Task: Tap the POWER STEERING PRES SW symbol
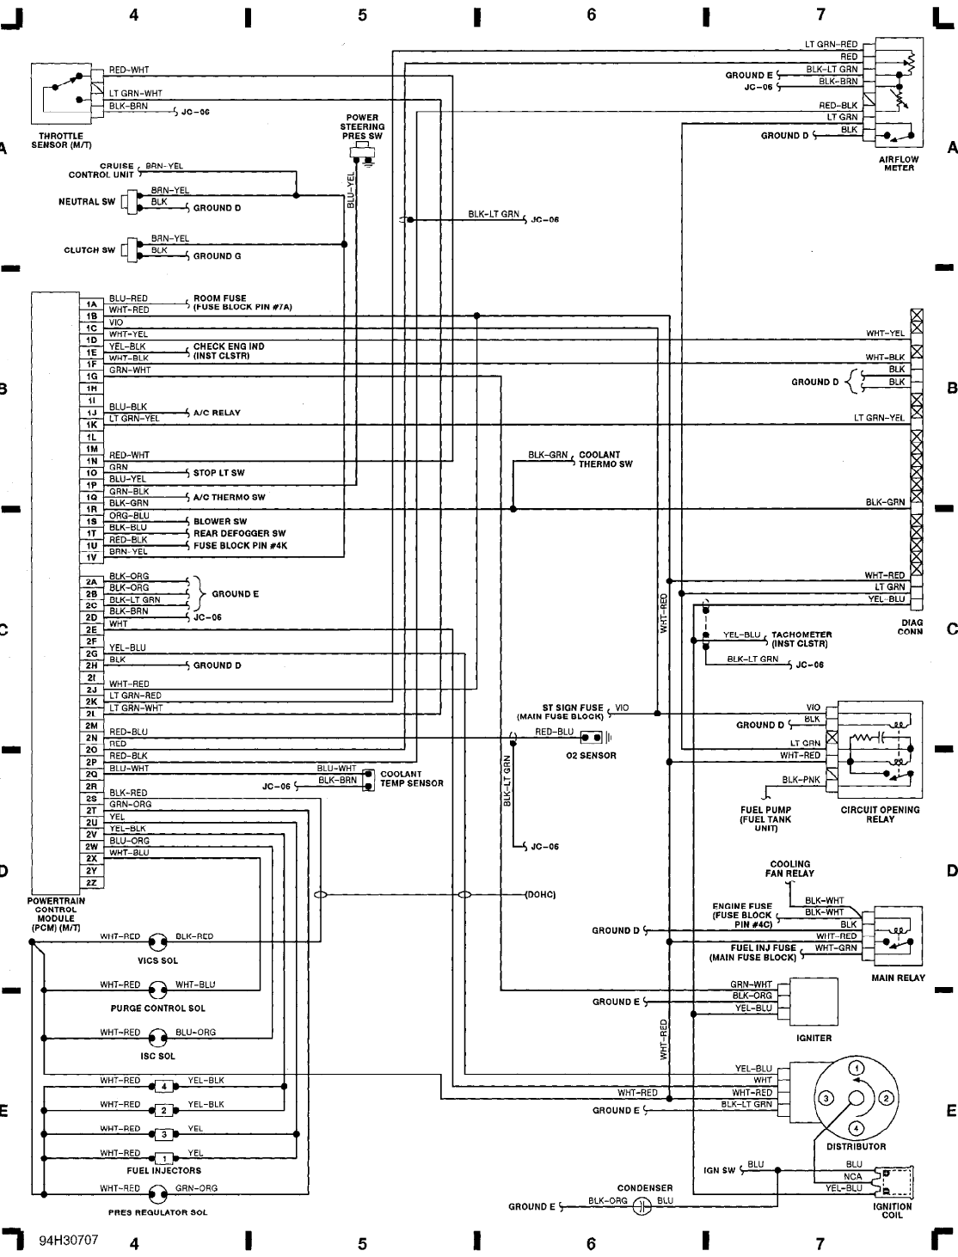click(363, 154)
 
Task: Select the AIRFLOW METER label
click(899, 163)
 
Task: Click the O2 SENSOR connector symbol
click(592, 738)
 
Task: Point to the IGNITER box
click(814, 1001)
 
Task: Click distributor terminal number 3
click(825, 1099)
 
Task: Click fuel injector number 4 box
click(164, 1085)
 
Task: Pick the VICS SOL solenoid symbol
click(158, 941)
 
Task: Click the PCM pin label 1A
click(90, 304)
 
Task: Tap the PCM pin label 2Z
click(90, 882)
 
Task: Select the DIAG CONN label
click(910, 627)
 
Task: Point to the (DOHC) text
click(540, 895)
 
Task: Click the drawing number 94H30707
click(68, 1241)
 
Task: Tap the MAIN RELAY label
click(898, 978)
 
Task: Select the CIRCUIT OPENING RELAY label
click(880, 814)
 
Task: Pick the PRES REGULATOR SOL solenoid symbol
click(158, 1193)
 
